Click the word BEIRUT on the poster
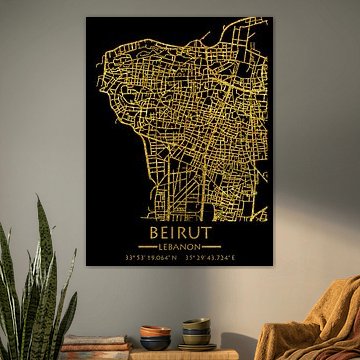coord(181,229)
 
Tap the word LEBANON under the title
coord(181,246)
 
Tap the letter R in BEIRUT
coord(183,229)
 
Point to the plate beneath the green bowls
coord(197,346)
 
